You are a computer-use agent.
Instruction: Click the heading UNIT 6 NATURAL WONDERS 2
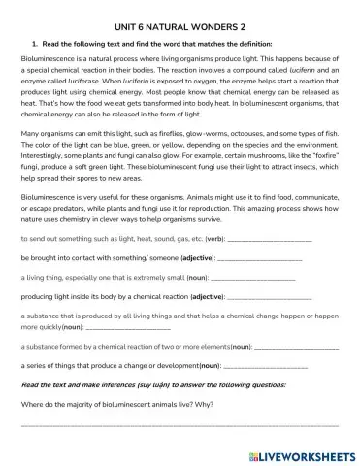click(x=180, y=24)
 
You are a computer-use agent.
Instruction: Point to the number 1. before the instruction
click(x=34, y=44)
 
